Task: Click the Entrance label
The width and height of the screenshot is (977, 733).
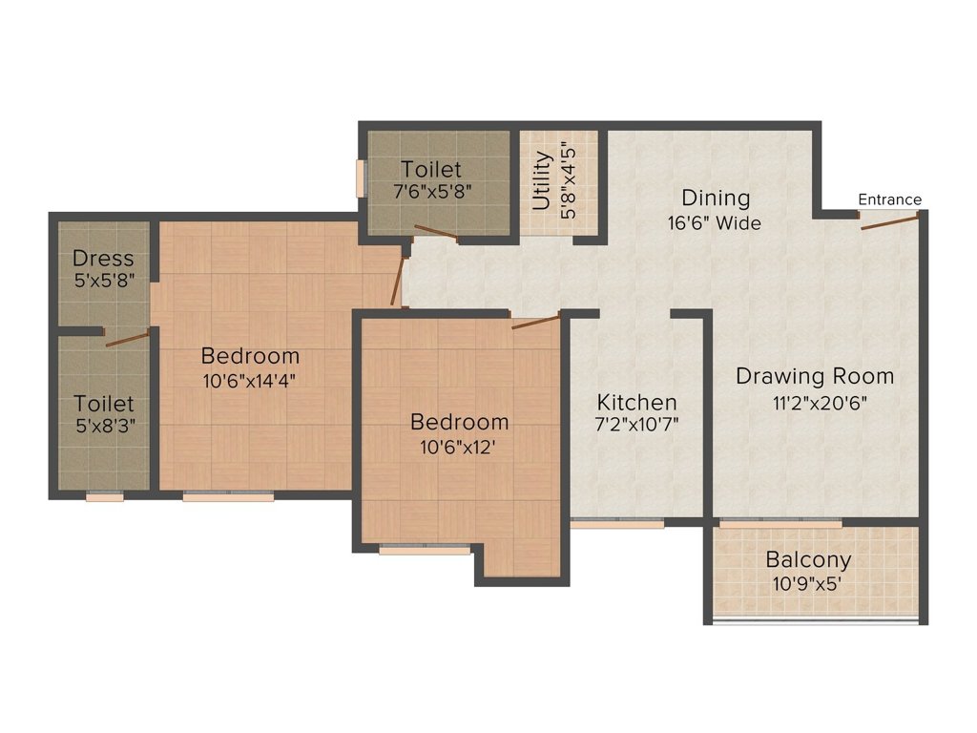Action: (889, 199)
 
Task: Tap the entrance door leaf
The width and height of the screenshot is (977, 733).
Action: (890, 221)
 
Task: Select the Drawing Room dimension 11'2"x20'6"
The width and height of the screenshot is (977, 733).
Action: (820, 404)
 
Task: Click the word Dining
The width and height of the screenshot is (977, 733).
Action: (716, 198)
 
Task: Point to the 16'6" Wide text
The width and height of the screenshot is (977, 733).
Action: (714, 222)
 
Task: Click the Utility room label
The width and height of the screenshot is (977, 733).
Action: (542, 180)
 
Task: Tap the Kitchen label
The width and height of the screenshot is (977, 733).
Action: (636, 402)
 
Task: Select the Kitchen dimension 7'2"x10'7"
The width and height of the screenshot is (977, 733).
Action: (636, 425)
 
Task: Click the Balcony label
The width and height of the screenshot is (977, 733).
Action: (808, 559)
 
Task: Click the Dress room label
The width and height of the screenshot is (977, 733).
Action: (103, 258)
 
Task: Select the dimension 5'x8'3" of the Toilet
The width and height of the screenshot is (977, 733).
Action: (105, 427)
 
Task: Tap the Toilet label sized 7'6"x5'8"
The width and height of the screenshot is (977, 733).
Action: (430, 169)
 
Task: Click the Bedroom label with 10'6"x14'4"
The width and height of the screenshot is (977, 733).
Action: (250, 356)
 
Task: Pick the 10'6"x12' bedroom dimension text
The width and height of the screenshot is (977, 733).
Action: (458, 448)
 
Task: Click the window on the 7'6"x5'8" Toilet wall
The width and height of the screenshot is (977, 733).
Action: (360, 178)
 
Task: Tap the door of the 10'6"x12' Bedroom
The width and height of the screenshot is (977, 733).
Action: (536, 323)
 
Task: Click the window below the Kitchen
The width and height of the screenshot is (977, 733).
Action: (617, 524)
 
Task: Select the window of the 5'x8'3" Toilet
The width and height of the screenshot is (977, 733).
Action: (105, 496)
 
